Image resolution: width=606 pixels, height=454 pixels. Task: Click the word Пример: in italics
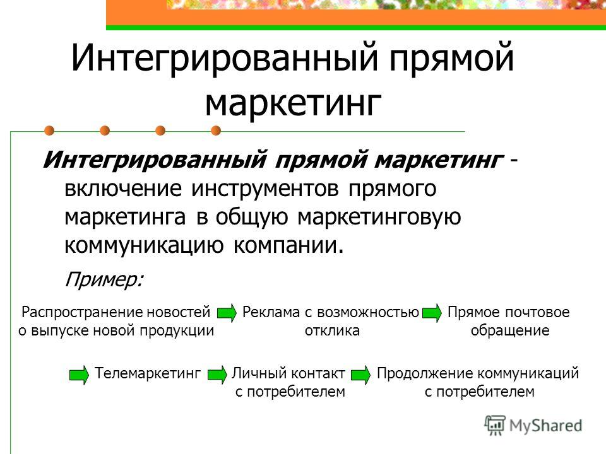104,279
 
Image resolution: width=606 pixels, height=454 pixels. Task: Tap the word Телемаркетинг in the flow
148,373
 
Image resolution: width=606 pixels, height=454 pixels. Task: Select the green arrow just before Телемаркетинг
80,375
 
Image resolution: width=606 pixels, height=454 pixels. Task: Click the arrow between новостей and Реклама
227,313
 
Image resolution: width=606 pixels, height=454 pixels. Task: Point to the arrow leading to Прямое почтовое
432,313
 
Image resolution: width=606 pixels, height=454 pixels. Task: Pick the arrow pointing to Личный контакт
218,375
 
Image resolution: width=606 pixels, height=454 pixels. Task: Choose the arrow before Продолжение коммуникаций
361,375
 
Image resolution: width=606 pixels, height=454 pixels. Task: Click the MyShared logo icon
495,426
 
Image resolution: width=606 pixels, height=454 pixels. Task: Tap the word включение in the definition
123,189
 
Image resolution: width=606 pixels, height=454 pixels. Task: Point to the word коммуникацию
144,246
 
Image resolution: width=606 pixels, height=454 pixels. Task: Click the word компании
288,245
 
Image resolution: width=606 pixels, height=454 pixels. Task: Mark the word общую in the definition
252,218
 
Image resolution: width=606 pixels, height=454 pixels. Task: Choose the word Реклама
271,312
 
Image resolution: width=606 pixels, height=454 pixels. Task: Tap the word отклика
332,331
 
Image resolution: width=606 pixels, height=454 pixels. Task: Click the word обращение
510,330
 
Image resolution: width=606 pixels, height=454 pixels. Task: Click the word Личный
259,373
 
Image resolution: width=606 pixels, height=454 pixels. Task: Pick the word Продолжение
425,373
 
